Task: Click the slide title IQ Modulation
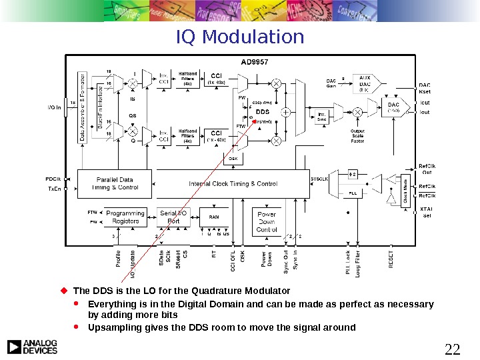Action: click(240, 37)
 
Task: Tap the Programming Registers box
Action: click(126, 217)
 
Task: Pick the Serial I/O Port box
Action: click(173, 217)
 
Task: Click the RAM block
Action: click(214, 217)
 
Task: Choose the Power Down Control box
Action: click(267, 221)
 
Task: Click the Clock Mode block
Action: click(405, 189)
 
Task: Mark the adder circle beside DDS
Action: click(285, 113)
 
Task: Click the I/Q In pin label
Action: click(55, 107)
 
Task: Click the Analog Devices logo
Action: click(32, 346)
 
